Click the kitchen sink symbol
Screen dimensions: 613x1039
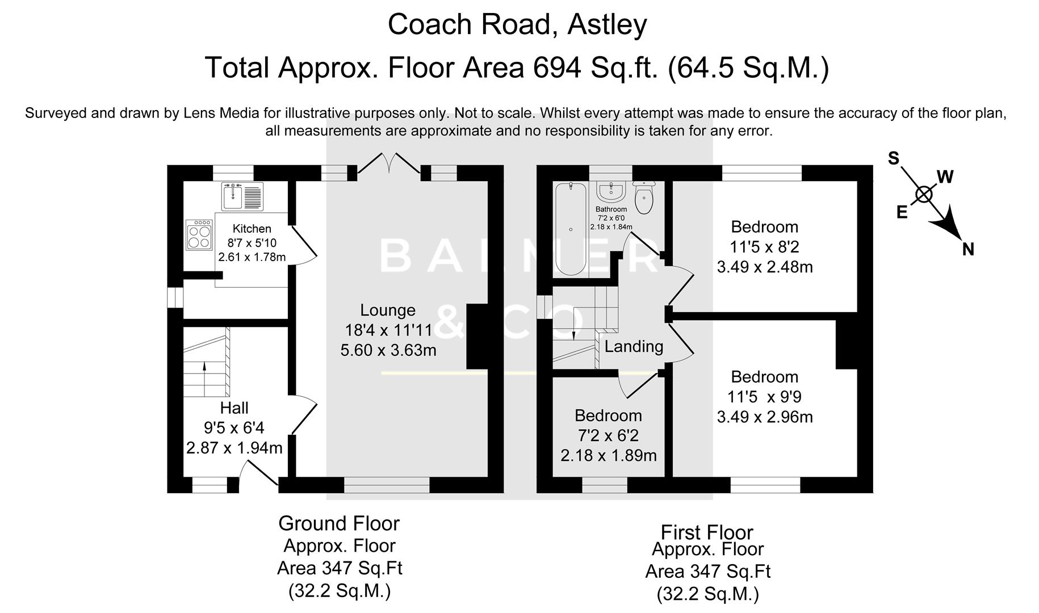pos(242,196)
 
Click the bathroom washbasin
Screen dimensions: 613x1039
pos(611,191)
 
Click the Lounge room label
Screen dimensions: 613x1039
pos(388,310)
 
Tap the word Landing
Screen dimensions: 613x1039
pos(634,346)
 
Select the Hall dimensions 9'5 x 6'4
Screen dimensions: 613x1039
pos(234,427)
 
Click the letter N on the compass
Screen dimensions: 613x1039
pos(968,249)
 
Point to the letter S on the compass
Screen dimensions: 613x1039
pos(894,158)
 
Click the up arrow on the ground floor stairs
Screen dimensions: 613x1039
pos(204,375)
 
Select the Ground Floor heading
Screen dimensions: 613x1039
pos(339,523)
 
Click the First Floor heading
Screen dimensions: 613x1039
pos(707,532)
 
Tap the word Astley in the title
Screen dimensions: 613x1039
pos(607,24)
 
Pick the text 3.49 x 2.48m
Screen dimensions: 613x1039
pos(764,267)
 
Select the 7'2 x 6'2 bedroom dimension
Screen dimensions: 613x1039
pos(608,435)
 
